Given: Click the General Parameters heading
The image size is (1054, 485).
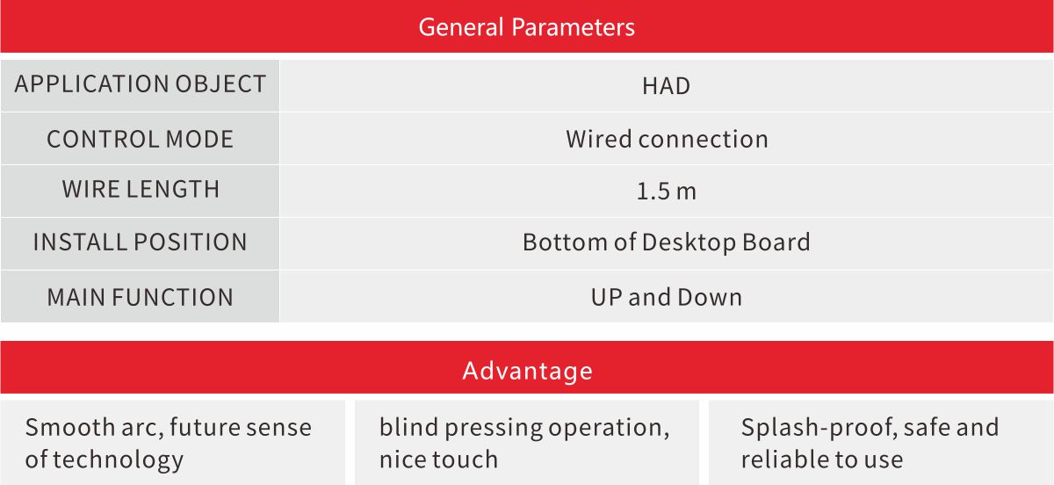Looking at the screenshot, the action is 526,27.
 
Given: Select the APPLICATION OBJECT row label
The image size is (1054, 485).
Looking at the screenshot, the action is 141,84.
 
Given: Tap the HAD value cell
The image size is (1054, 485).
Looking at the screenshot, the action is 667,86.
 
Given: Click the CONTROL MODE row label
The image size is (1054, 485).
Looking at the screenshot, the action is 141,140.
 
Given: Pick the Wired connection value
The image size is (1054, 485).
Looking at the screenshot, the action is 667,140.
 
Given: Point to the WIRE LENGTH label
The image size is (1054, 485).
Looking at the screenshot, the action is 141,189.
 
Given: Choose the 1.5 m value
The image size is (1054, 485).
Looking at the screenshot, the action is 667,192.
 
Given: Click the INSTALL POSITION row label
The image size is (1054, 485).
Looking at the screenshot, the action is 141,242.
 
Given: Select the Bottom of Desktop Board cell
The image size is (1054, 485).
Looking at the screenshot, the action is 667,242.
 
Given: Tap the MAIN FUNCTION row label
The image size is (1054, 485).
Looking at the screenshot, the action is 141,298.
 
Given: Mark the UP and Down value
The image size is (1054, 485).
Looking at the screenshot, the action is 667,298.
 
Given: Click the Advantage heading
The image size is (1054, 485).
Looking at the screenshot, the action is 527,371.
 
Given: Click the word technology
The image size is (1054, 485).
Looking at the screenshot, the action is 118,460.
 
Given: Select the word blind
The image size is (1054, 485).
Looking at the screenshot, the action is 409,427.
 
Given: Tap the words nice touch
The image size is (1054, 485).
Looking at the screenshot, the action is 438,460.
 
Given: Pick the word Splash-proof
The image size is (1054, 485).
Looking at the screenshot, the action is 819,428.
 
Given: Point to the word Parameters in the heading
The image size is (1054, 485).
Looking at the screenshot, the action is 573,27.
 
